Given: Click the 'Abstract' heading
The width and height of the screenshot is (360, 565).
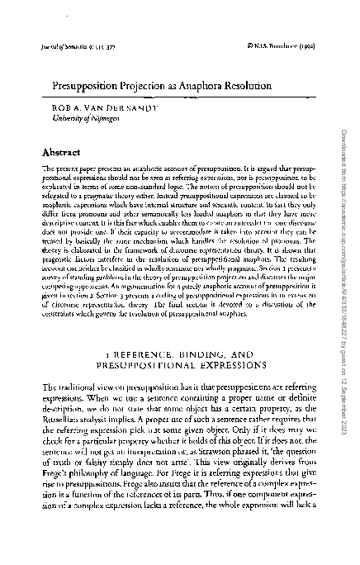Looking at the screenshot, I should (59, 153).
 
